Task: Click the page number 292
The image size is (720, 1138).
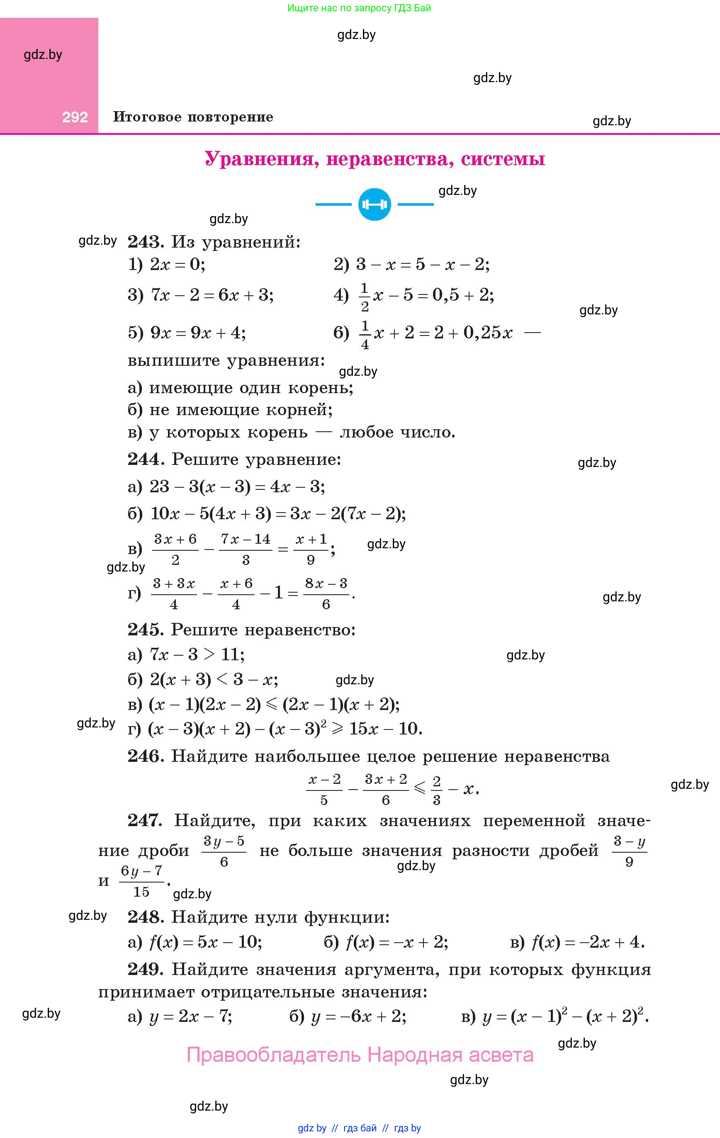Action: click(x=75, y=117)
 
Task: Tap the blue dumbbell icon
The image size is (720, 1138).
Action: click(x=375, y=204)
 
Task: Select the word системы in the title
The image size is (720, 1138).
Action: click(x=503, y=159)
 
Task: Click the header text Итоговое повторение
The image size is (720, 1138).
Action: click(x=193, y=117)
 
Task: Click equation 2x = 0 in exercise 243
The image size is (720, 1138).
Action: click(x=177, y=264)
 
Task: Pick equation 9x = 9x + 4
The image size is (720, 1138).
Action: click(x=197, y=333)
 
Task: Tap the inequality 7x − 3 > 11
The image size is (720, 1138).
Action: click(x=197, y=654)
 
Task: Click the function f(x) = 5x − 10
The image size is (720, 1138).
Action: click(x=205, y=942)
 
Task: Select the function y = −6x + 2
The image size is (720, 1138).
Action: click(x=358, y=1016)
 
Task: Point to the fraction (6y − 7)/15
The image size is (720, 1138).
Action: click(x=141, y=881)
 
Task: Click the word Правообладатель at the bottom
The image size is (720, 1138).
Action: click(x=274, y=1055)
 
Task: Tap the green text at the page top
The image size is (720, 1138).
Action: click(x=359, y=8)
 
